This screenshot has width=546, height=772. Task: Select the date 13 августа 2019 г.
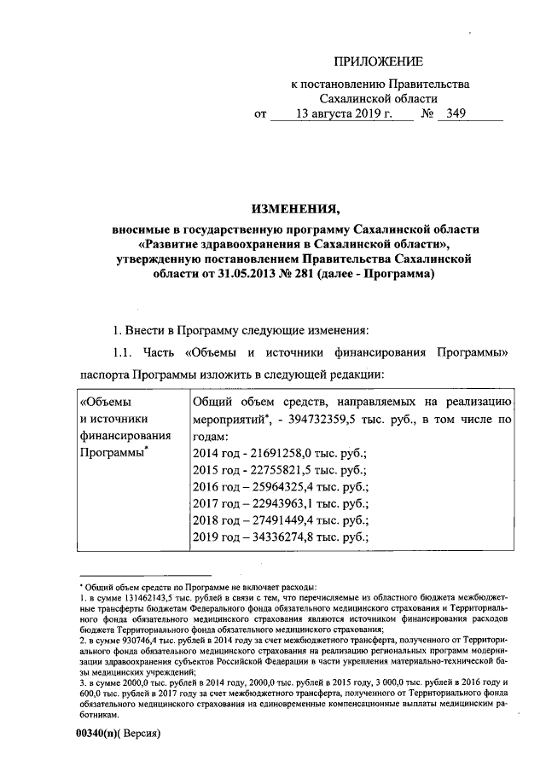340,113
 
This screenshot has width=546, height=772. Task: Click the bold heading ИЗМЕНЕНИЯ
296,207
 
